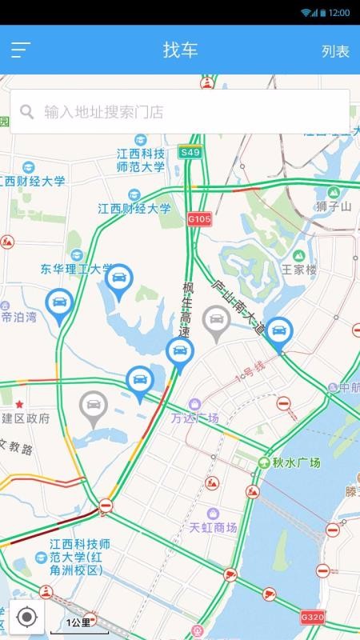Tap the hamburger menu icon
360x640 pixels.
tap(21, 50)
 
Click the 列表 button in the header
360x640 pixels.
tap(335, 51)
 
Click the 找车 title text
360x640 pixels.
tap(180, 50)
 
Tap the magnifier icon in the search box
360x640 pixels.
tap(27, 112)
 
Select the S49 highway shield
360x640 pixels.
tap(190, 152)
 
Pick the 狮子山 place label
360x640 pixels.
tap(334, 207)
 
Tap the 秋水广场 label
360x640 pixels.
tap(295, 463)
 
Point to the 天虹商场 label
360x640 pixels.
tap(213, 527)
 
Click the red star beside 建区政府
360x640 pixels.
tap(19, 404)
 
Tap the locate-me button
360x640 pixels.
tap(26, 617)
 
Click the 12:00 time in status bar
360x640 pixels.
tap(339, 13)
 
